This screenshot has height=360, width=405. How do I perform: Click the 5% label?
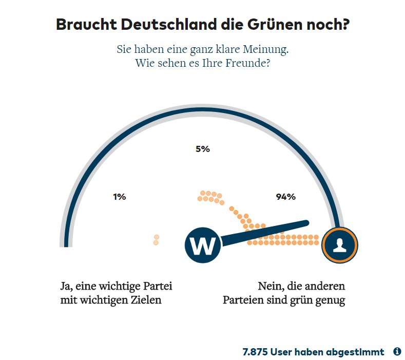(x=203, y=149)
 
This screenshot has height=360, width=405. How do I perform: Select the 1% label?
(x=120, y=196)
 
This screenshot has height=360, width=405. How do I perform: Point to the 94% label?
(x=285, y=196)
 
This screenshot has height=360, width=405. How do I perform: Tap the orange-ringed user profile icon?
(x=339, y=245)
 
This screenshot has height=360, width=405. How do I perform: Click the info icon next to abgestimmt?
(x=397, y=352)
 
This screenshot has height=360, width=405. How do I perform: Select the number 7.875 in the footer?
(x=255, y=352)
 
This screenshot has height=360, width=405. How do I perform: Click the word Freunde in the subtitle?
(x=246, y=64)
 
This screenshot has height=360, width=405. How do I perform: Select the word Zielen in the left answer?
(x=147, y=300)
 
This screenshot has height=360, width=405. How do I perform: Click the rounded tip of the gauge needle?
(x=306, y=223)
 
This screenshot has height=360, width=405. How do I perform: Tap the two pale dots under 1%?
(x=156, y=240)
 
